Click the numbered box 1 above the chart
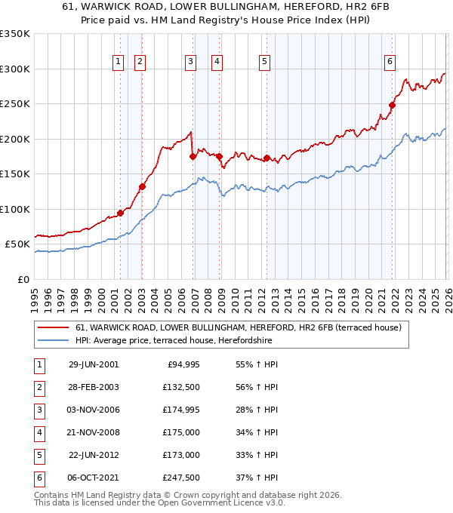coord(119,63)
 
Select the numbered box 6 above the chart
coord(390,63)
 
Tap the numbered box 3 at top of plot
coord(190,63)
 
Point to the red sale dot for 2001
coord(121,213)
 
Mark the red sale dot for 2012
coord(267,158)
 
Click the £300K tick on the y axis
coord(15,69)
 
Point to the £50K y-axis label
coord(18,244)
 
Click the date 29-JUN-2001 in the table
coord(94,364)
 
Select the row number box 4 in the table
coord(39,432)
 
